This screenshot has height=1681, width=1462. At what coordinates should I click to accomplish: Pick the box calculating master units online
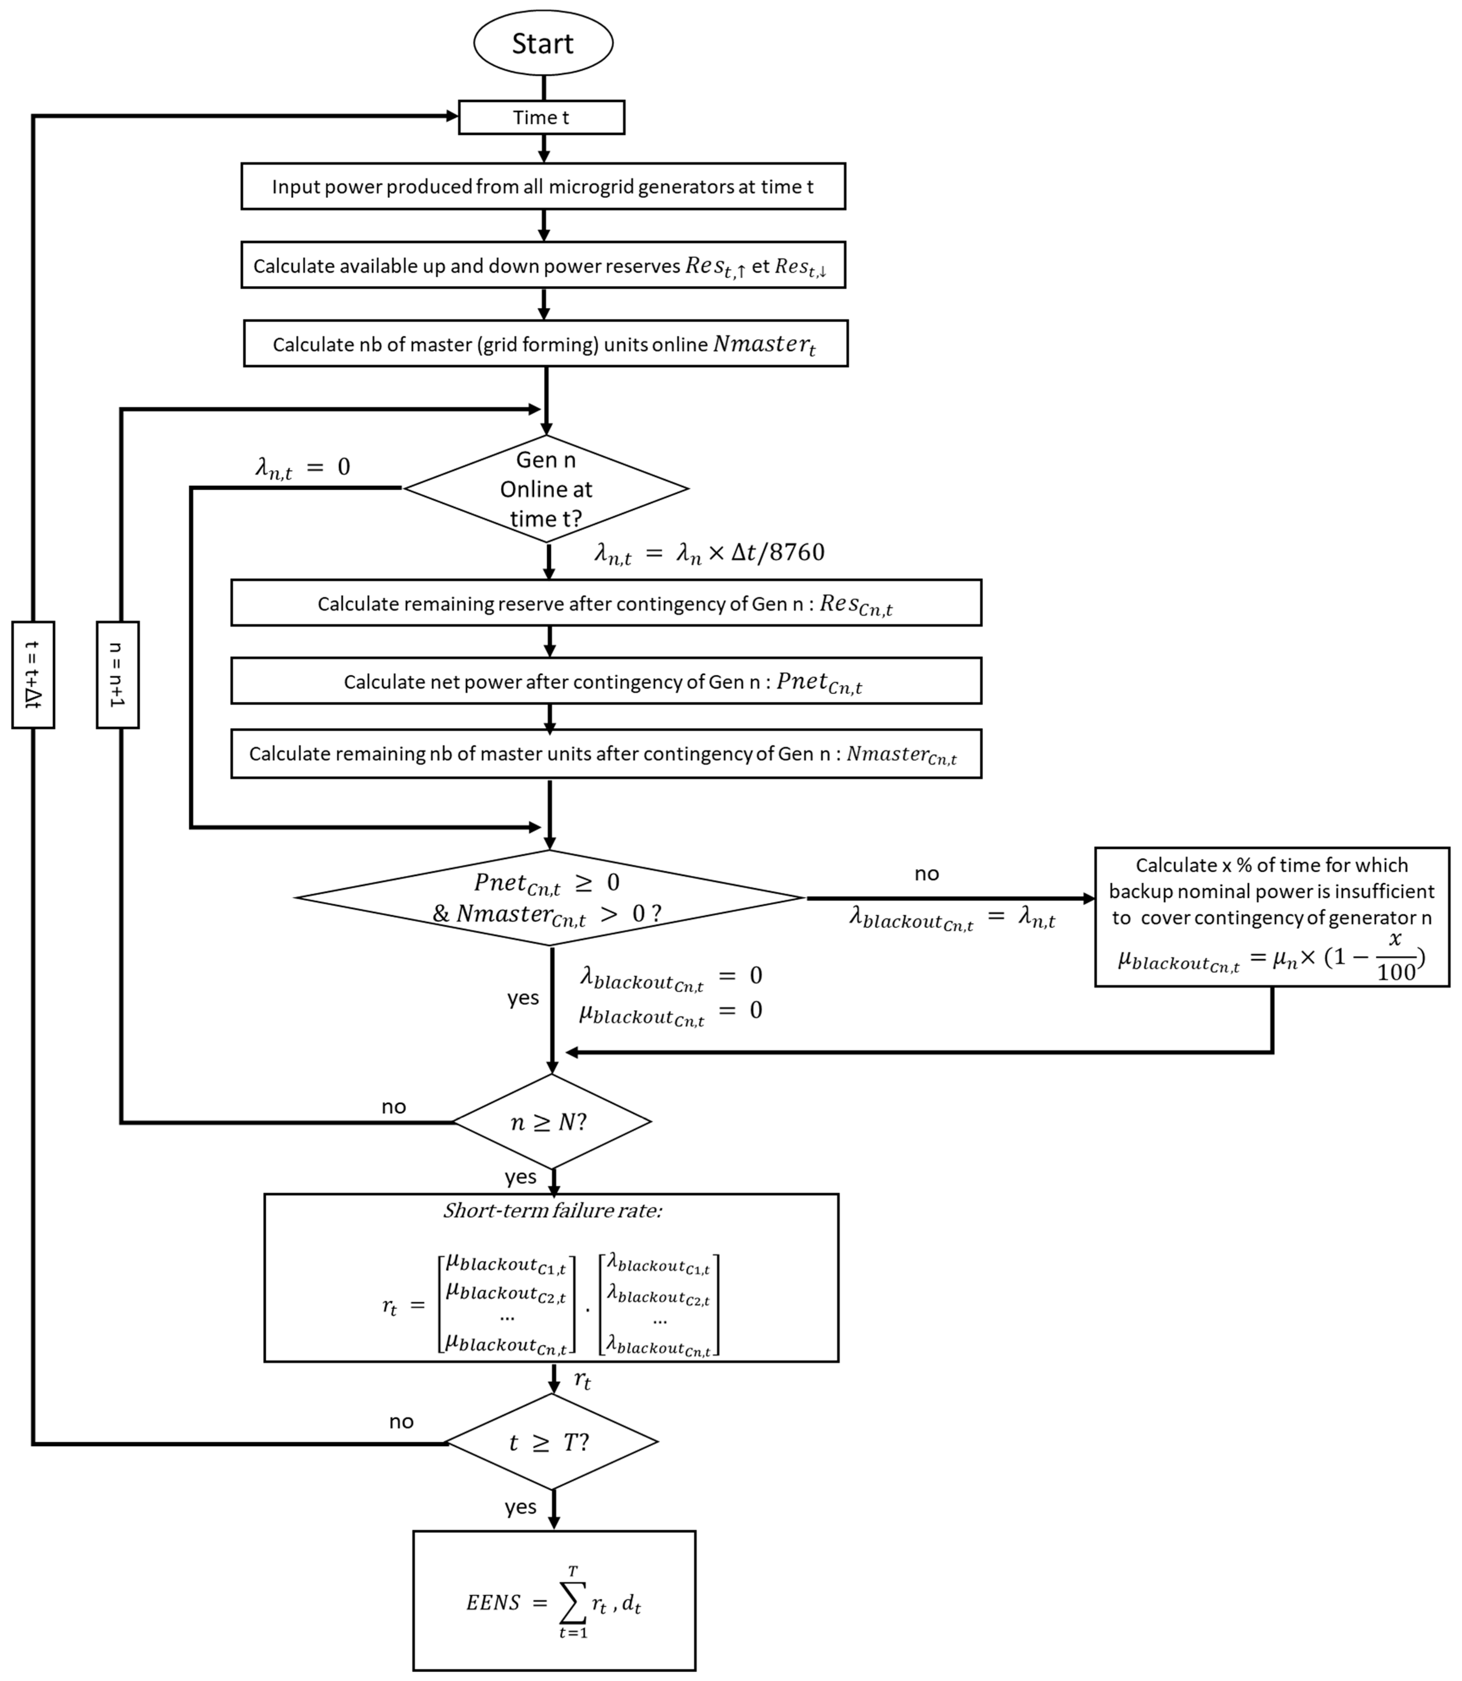[545, 344]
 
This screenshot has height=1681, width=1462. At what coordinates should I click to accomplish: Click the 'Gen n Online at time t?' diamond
[546, 489]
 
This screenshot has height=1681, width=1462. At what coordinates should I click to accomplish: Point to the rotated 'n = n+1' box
[118, 675]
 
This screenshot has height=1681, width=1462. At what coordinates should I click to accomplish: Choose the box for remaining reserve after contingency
[605, 603]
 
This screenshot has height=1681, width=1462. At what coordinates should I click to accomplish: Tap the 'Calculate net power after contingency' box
[605, 681]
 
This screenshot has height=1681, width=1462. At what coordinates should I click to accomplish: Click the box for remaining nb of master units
[605, 754]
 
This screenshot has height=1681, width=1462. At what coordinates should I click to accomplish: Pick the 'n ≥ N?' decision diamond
[552, 1122]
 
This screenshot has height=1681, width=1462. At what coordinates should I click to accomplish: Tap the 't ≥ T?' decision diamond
[552, 1443]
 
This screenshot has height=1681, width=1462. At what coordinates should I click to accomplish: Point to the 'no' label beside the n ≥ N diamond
[393, 1106]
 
